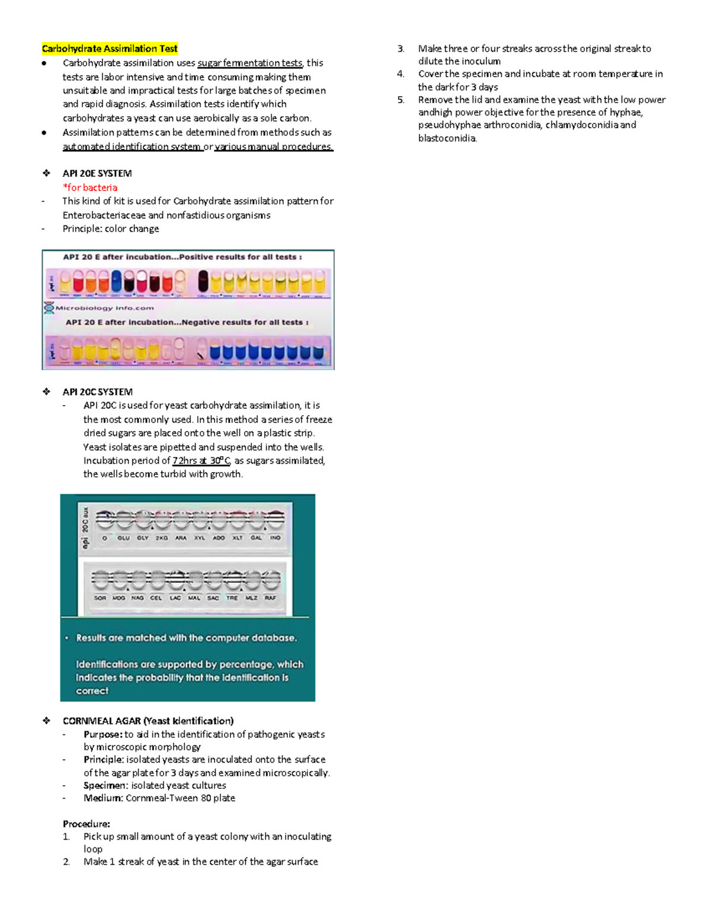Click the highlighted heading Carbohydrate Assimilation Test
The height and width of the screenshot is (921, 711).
pos(110,49)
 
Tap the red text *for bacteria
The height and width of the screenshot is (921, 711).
pos(90,187)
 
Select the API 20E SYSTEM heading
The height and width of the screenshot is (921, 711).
pos(97,173)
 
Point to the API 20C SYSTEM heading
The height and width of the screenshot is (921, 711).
pos(98,391)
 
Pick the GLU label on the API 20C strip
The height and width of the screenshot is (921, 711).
pos(123,538)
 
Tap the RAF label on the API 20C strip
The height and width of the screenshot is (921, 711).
pos(270,598)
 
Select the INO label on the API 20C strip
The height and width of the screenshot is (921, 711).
pos(275,538)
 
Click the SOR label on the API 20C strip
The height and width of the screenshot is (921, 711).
pos(100,598)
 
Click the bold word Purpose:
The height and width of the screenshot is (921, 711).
pos(103,734)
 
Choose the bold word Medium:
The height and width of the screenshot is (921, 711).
pos(104,798)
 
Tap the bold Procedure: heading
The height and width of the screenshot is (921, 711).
pos(87,824)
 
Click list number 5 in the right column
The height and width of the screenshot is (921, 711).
pos(401,100)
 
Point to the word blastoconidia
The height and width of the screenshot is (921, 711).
pos(447,138)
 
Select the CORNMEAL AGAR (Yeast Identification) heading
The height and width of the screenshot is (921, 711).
pos(148,721)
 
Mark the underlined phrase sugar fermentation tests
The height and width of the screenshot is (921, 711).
pos(249,63)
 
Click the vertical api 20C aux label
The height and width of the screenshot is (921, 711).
pos(86,527)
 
